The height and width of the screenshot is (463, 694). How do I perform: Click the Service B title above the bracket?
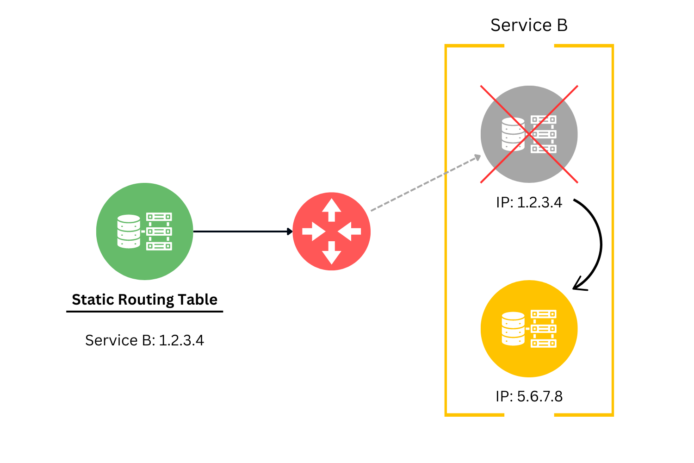(x=529, y=25)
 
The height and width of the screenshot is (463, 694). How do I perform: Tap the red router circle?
(x=332, y=231)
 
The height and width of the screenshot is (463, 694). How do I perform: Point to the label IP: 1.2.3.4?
(x=529, y=203)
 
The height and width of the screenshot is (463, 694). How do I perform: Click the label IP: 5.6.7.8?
(x=529, y=396)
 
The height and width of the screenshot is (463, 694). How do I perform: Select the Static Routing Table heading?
(x=144, y=300)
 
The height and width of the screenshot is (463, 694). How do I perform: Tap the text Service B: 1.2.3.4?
(x=144, y=340)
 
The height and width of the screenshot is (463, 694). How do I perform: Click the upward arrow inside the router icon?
(x=332, y=209)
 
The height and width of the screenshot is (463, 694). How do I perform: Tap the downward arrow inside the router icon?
(x=332, y=254)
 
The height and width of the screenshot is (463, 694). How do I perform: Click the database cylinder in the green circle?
(x=129, y=231)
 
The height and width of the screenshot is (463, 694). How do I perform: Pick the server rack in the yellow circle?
(x=544, y=329)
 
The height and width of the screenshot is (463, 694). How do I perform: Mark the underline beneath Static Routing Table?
(x=144, y=311)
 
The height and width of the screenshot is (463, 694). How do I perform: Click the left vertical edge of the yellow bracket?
(x=446, y=231)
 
